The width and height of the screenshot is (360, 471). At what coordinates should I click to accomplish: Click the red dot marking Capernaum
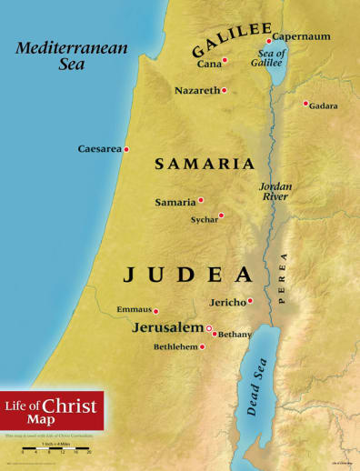click(269, 42)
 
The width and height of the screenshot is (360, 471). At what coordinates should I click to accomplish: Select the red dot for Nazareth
click(224, 90)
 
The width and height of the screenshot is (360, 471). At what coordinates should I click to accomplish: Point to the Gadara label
click(324, 106)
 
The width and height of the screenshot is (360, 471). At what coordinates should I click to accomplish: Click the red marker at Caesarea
click(126, 149)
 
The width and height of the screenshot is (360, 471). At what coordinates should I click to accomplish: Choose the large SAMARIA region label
click(204, 165)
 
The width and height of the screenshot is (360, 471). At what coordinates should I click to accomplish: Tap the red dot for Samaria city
click(201, 200)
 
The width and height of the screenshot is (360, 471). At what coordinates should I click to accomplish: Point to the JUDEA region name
click(187, 274)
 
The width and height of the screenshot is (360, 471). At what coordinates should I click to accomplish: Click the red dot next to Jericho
click(250, 301)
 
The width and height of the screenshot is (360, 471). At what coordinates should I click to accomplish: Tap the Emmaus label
click(134, 310)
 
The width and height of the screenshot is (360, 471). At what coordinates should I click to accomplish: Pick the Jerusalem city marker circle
click(209, 328)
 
